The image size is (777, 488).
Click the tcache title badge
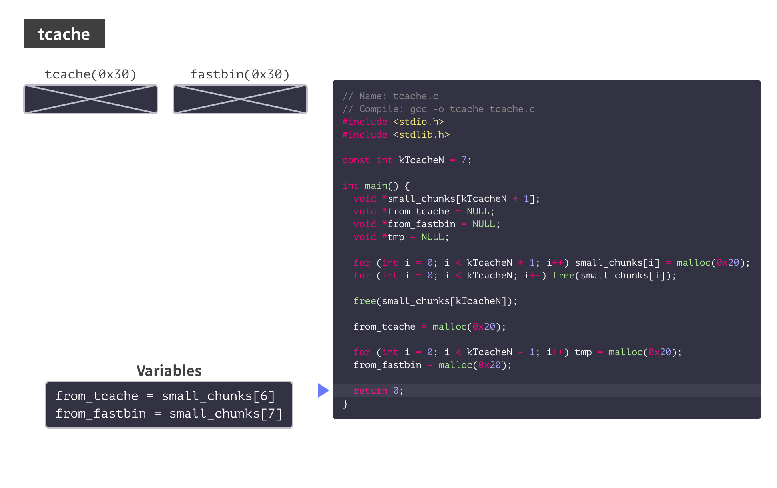point(64,34)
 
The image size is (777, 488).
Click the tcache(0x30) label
point(91,74)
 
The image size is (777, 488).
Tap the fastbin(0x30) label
point(240,74)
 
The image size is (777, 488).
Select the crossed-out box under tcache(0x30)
point(91,99)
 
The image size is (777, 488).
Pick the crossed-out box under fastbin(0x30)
point(240,99)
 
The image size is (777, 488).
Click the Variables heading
point(169,371)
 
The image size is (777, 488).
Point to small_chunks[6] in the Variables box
point(218,396)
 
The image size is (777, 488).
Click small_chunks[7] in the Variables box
point(226,414)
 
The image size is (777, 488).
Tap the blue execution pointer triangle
point(323,390)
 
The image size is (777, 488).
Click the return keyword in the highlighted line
point(370,390)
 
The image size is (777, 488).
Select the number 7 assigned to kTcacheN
point(464,160)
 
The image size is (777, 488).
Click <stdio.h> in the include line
point(418,122)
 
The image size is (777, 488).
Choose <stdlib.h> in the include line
point(421,134)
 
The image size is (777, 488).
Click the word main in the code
point(376,186)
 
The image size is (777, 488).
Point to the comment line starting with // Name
point(390,96)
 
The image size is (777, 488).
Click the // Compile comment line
point(438,109)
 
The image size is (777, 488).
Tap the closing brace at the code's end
point(345,404)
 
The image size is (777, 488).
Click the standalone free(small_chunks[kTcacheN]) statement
point(435,301)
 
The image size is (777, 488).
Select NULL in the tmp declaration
point(432,237)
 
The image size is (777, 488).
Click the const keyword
point(356,160)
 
